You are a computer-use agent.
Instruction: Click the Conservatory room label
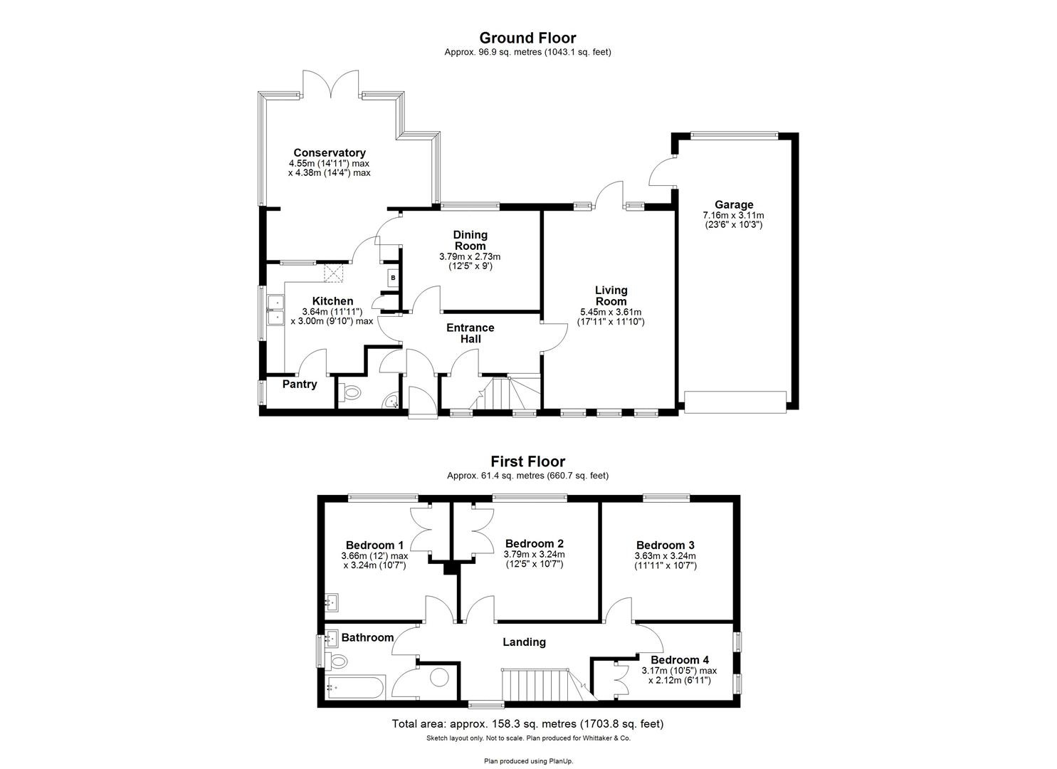click(x=329, y=152)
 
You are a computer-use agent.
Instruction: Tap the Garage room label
click(x=733, y=205)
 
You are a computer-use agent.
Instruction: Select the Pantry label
click(x=299, y=384)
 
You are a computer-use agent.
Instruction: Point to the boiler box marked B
click(x=392, y=277)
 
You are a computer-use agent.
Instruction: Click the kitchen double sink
click(x=274, y=311)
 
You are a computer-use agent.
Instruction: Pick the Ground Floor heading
click(x=527, y=38)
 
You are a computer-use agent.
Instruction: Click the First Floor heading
click(x=527, y=461)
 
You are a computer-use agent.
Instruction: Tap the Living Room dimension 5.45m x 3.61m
click(x=611, y=312)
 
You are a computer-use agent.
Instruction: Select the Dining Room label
click(x=470, y=240)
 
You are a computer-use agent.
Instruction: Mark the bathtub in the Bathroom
click(x=355, y=688)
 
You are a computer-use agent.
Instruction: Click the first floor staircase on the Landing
click(x=534, y=684)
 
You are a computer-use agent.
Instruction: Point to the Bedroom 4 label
click(x=679, y=660)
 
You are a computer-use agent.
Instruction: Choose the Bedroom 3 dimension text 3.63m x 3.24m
click(x=665, y=556)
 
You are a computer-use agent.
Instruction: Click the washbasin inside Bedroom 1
click(x=332, y=603)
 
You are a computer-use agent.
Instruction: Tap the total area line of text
click(x=527, y=724)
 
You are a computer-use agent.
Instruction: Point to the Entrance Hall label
click(x=470, y=333)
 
